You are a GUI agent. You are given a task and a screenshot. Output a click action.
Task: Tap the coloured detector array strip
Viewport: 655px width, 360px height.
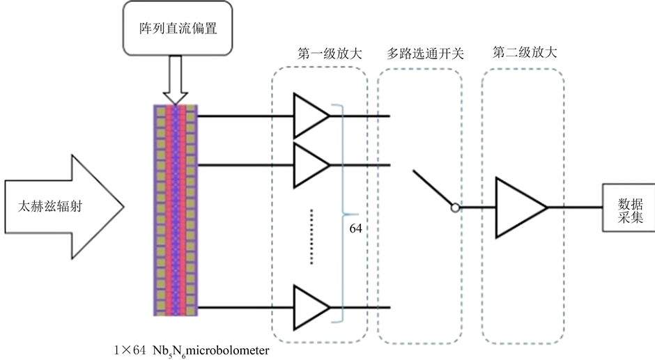click(176, 210)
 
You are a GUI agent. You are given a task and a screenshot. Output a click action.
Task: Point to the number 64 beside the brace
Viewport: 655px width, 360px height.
click(355, 227)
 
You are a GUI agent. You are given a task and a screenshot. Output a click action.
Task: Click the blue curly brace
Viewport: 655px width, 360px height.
click(341, 212)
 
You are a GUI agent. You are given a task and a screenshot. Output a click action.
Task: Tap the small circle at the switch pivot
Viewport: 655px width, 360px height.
click(454, 207)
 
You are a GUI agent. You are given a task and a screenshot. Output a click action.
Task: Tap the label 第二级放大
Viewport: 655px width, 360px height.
click(525, 52)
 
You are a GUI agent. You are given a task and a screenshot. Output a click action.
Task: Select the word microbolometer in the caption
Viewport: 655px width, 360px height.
click(226, 350)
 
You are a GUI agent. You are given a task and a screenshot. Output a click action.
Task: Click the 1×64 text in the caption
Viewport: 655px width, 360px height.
click(129, 350)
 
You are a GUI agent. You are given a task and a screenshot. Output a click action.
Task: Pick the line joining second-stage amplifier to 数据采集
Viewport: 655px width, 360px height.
click(575, 207)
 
